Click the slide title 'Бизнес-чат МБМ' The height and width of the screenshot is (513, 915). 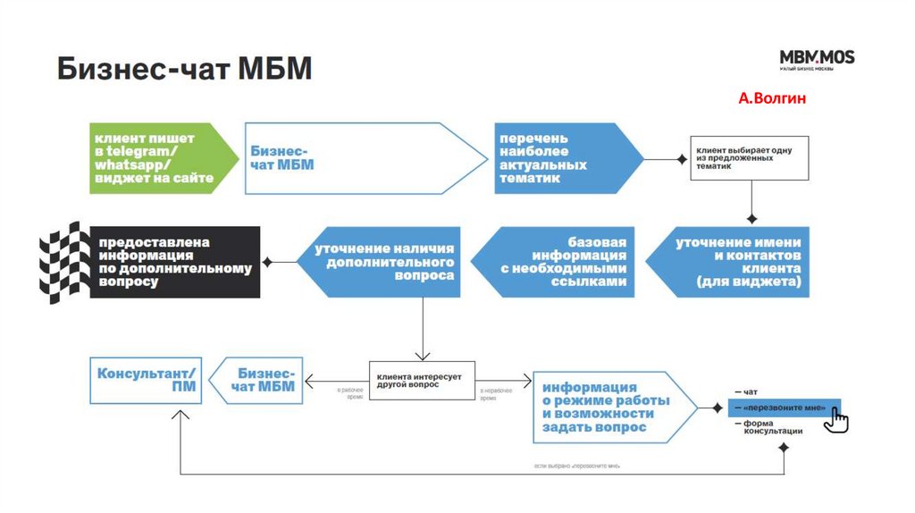click(x=185, y=69)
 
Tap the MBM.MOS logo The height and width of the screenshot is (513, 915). click(x=817, y=60)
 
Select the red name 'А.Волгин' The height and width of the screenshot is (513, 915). click(x=772, y=98)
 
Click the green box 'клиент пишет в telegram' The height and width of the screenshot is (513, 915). click(x=157, y=158)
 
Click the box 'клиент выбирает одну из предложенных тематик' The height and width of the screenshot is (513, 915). click(x=749, y=158)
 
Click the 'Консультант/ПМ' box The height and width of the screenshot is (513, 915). click(x=147, y=381)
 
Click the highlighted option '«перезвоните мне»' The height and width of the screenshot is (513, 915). click(x=779, y=408)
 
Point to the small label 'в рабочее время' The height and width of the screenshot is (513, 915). click(x=349, y=394)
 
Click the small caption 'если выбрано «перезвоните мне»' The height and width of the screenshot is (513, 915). click(x=578, y=467)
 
